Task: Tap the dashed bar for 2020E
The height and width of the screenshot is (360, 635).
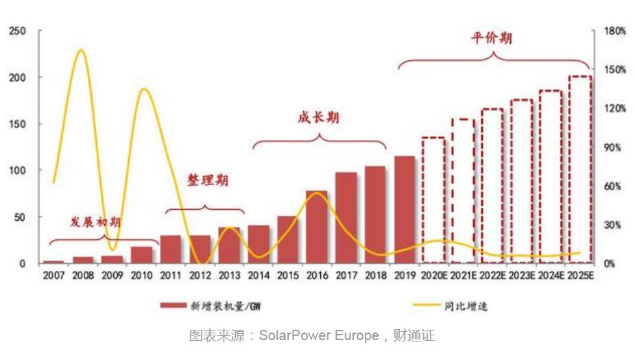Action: pos(433,200)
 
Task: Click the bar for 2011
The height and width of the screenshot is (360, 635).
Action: pos(170,249)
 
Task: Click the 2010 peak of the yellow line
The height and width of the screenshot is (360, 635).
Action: pos(143,89)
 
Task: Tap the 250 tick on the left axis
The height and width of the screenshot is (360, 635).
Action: pos(18,31)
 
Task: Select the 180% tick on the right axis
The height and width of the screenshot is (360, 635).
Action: pos(614,31)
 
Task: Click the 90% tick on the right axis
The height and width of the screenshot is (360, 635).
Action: pos(612,147)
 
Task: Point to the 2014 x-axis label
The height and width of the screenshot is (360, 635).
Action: pos(259,276)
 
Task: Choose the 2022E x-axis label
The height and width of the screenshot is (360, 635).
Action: pos(493,276)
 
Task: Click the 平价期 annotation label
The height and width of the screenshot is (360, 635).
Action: pos(492,38)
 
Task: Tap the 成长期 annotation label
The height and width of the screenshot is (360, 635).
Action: pos(318,118)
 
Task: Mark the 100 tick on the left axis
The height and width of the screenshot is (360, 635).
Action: pos(18,170)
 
